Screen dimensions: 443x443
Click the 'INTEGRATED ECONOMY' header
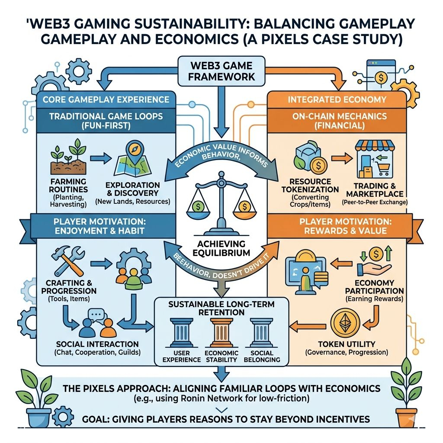pos(337,100)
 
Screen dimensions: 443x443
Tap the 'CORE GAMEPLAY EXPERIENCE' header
pos(106,100)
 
